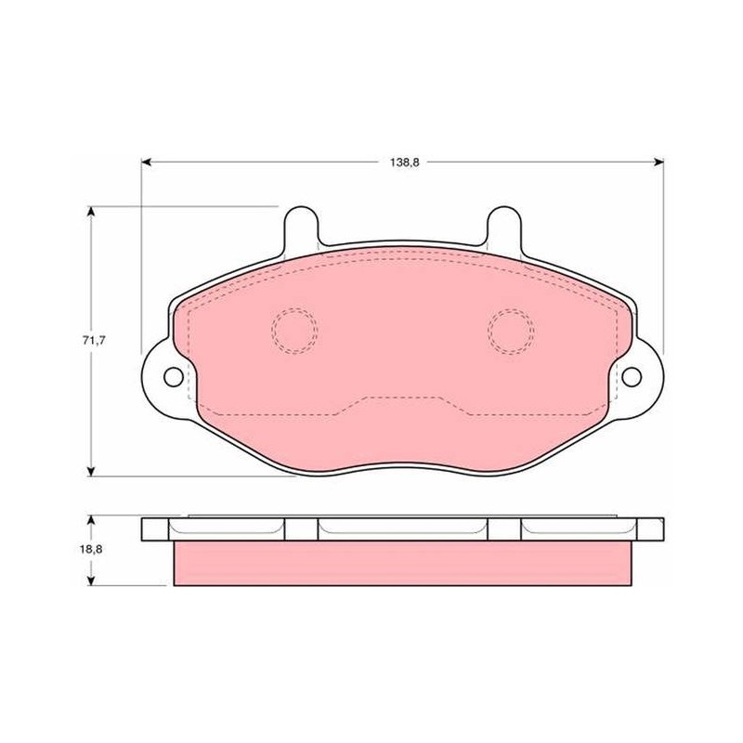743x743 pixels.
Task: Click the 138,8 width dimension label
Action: (405, 163)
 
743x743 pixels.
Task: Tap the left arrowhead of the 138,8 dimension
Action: (147, 163)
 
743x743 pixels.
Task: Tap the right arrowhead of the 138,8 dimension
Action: (658, 163)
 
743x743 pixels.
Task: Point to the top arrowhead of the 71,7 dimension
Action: (91, 212)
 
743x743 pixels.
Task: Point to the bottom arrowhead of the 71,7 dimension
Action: (91, 471)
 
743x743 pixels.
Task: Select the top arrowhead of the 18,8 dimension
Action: (91, 521)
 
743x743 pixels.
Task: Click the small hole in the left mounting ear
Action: (174, 377)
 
